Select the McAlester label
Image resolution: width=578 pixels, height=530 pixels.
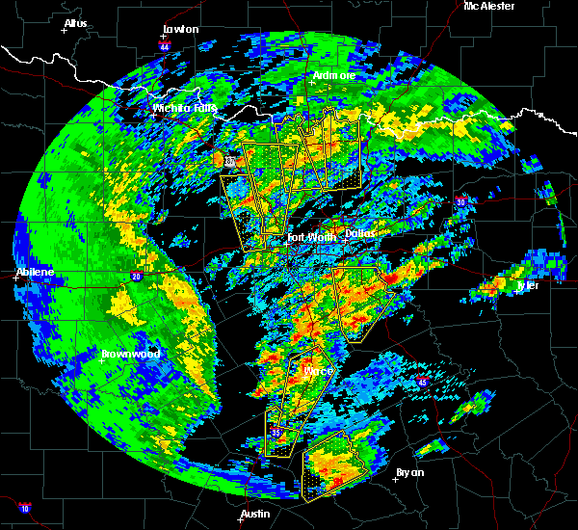point(489,6)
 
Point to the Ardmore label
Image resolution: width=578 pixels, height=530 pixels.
point(333,75)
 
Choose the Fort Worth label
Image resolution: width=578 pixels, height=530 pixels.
point(312,236)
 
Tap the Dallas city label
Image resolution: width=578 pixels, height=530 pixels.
point(360,232)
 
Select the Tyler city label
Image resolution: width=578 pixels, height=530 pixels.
point(528,285)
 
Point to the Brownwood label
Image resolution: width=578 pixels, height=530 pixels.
point(130,354)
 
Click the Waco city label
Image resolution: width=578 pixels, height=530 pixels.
point(318,371)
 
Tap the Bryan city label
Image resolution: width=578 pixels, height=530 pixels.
point(410,472)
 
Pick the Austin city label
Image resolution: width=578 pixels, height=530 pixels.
point(255,514)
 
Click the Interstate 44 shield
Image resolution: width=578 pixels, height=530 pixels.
point(165,45)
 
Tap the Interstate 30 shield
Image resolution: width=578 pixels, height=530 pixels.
point(461,201)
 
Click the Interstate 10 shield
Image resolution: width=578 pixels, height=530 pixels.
point(24,508)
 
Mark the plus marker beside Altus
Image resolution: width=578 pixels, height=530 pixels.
point(65,30)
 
